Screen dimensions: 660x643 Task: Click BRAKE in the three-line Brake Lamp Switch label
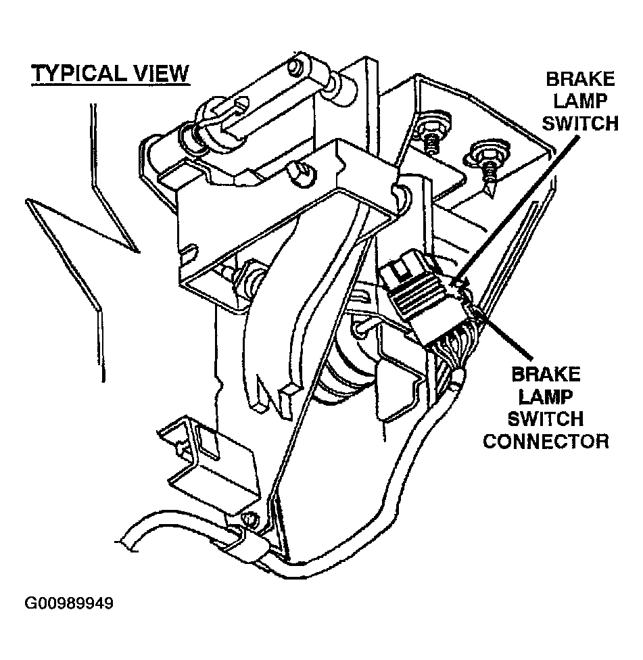581,79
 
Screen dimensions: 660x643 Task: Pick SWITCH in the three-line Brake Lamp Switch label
582,124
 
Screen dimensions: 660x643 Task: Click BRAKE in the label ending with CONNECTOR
546,374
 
